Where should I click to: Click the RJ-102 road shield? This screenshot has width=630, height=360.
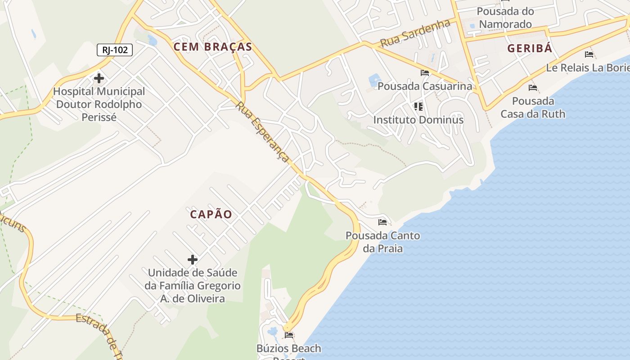coord(115,49)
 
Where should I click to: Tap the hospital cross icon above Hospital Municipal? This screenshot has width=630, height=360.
coord(99,79)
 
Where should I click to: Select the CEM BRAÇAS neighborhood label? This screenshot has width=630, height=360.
coord(213,47)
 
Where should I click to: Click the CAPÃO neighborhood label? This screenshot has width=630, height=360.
coord(211,214)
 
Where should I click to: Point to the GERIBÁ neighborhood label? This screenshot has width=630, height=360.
coord(530,49)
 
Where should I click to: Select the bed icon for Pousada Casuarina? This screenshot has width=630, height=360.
coord(425,72)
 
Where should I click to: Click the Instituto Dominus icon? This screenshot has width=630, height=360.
coord(418,107)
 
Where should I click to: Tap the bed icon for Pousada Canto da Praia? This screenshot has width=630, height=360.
coord(382,222)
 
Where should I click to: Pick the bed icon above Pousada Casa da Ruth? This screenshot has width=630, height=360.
coord(533,88)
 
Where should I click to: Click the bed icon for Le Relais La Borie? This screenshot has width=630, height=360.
coord(589,54)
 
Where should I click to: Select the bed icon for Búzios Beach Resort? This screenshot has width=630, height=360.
coord(289,335)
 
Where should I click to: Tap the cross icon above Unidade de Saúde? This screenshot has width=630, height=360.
coord(193,260)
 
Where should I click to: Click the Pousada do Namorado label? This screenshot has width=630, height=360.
coord(505,18)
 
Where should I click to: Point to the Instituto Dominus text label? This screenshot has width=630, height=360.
coord(418,120)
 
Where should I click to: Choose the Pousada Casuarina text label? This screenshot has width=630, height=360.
coord(425,86)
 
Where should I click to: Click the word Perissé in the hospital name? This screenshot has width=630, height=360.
coord(99,117)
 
